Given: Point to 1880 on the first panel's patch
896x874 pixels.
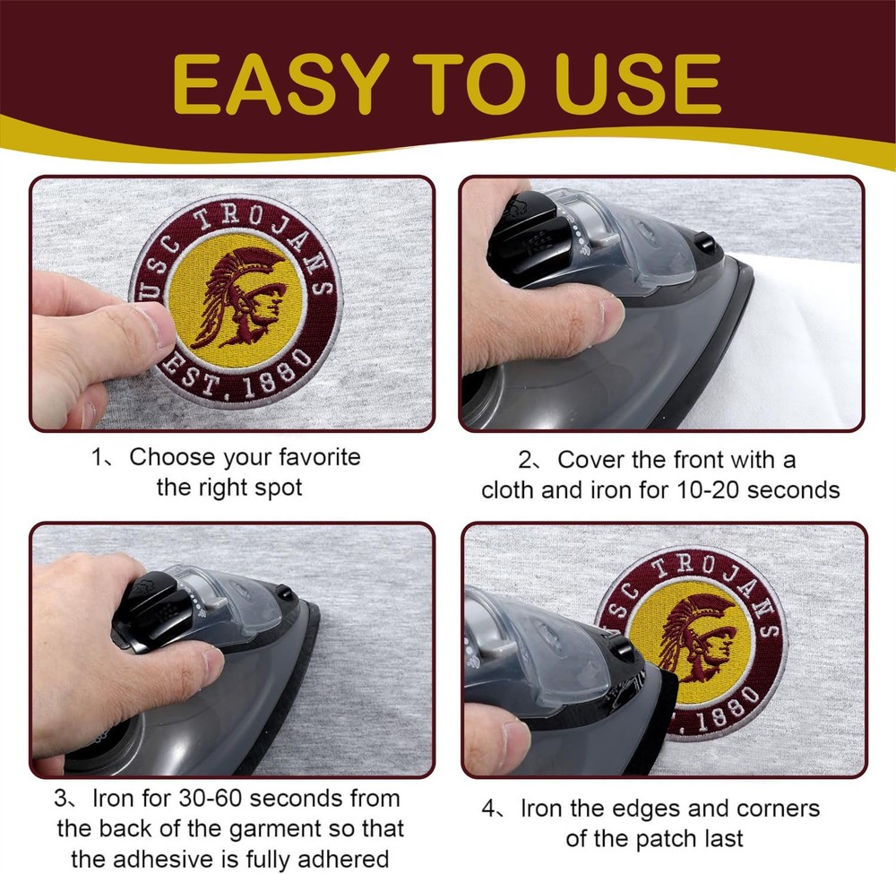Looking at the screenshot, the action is [x=279, y=376].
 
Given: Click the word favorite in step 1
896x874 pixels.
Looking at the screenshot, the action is [x=320, y=457].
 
